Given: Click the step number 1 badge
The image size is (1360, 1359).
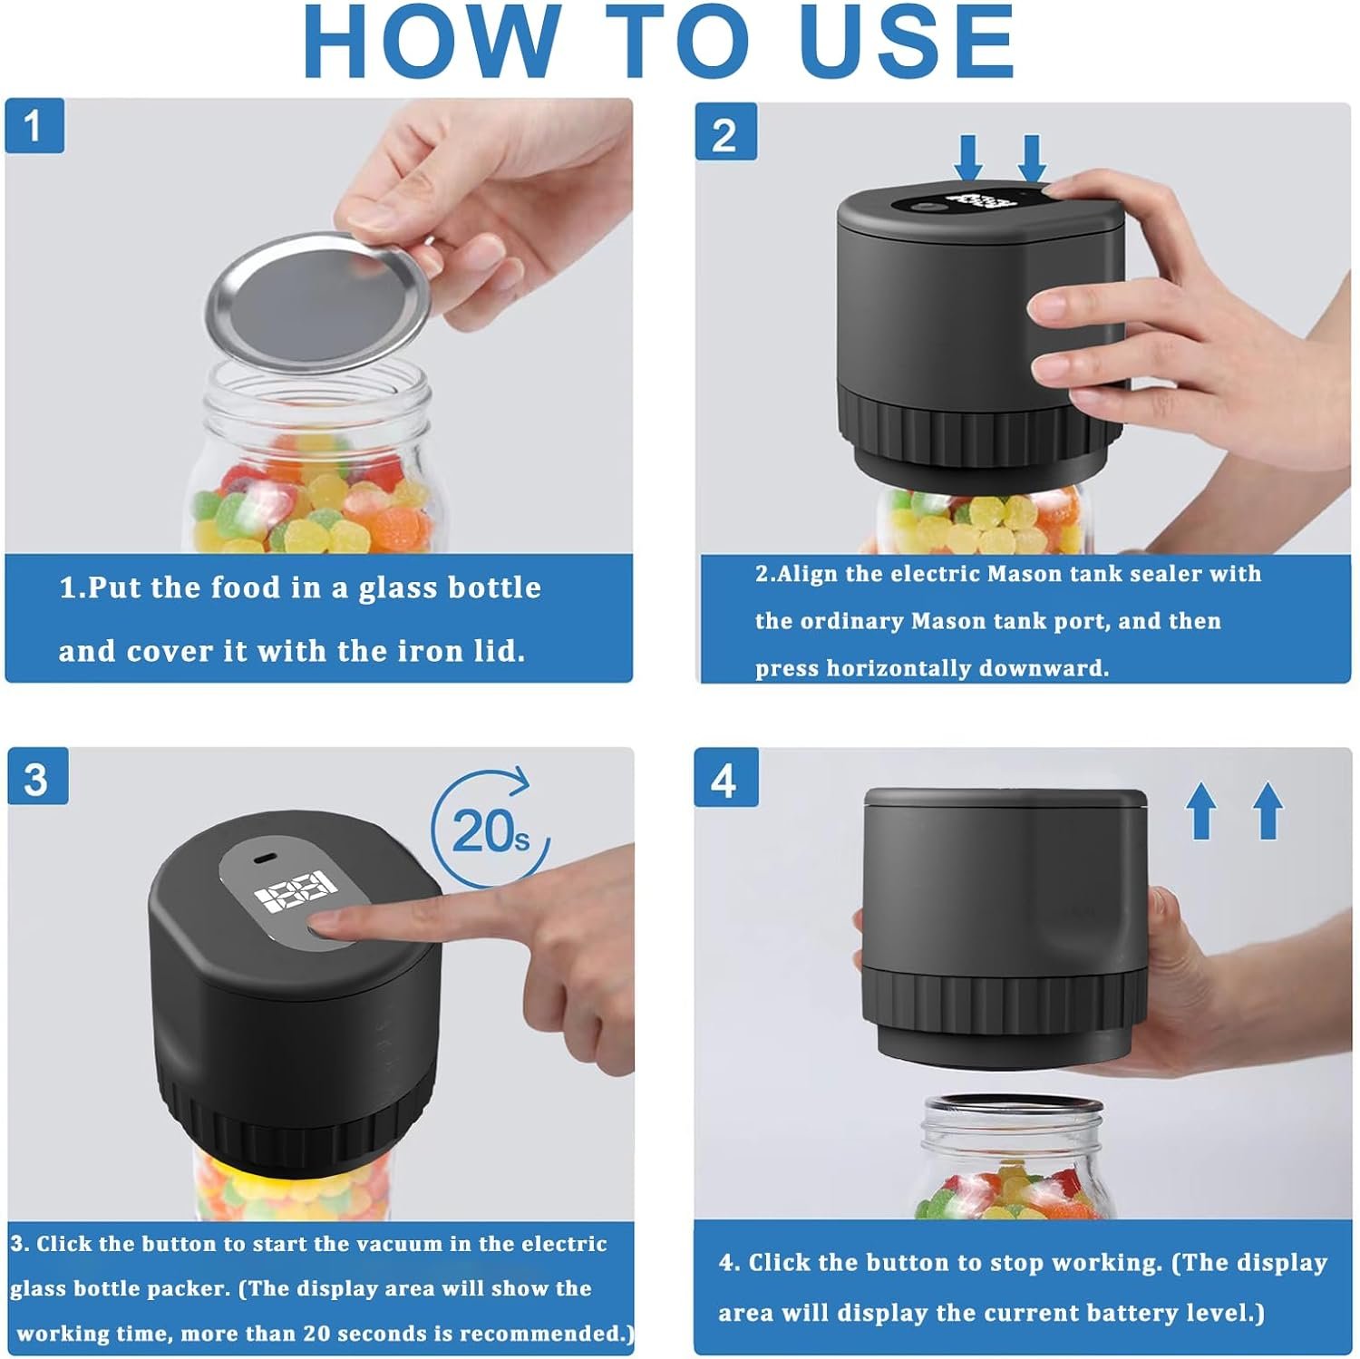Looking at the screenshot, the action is point(34,125).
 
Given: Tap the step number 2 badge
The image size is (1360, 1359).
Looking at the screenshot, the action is point(725,132).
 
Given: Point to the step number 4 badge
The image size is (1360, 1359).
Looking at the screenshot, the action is point(725,778).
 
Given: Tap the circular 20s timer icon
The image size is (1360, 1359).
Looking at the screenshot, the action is point(491,827).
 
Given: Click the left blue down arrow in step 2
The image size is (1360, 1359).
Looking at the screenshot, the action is point(969,157).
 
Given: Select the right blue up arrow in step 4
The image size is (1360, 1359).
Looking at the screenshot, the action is point(1268,810).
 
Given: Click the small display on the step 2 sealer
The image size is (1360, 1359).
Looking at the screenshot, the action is point(975,199).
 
